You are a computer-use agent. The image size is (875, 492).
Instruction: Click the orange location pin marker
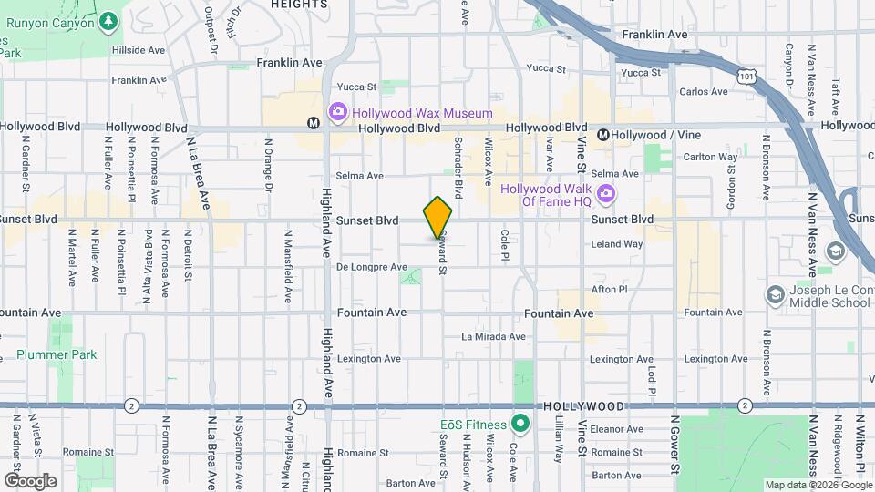coord(438,218)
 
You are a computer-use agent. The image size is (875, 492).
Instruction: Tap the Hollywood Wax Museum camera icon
coord(337,111)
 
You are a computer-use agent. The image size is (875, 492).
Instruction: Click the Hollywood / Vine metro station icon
coord(603,135)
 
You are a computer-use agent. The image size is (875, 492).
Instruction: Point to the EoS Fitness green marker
coord(520,423)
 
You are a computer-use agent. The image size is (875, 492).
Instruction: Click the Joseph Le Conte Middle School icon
coord(775,295)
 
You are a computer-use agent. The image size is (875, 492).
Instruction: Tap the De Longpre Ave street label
coord(371,267)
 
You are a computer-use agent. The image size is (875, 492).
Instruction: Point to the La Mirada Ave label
coord(493,336)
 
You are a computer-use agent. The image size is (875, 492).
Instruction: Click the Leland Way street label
coord(617,244)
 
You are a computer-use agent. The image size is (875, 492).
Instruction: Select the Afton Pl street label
coord(610,289)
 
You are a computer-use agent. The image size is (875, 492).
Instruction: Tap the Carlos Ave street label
coord(704,92)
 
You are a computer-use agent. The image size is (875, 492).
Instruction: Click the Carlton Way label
coord(710,157)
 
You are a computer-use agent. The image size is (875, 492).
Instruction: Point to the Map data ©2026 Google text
coord(817,485)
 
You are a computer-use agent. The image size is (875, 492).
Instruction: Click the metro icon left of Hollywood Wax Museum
coord(313,122)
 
